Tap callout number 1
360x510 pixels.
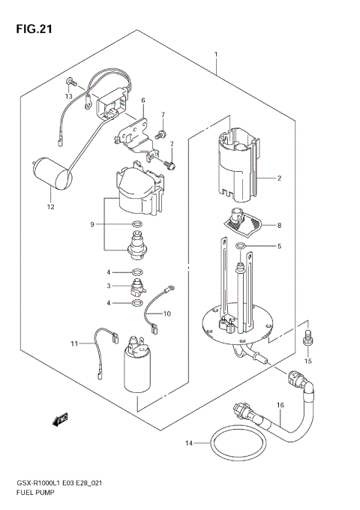(216, 55)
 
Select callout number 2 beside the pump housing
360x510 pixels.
(278, 178)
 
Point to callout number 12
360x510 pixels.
(50, 206)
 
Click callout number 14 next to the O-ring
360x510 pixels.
(190, 444)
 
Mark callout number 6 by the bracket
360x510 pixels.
(142, 100)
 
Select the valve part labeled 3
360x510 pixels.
(137, 286)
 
